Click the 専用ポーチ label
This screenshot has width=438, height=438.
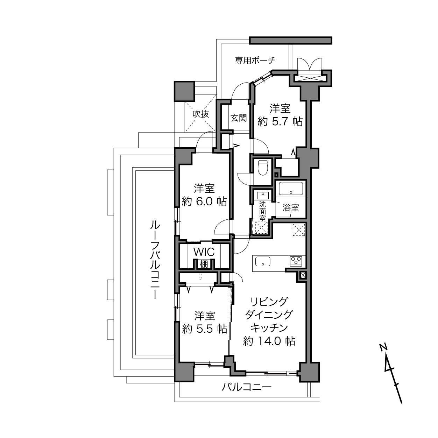tap(255, 61)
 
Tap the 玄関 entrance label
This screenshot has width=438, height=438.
tap(239, 118)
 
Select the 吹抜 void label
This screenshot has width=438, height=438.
tap(201, 114)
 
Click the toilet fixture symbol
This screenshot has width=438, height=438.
tap(263, 168)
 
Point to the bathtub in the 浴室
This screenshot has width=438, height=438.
tap(291, 189)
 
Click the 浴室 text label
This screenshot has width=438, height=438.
tap(291, 207)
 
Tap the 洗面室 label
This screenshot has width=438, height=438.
tap(262, 211)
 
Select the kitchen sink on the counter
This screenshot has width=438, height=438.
tap(263, 261)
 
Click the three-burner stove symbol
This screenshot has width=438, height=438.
tap(296, 261)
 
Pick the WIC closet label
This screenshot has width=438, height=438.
tap(204, 252)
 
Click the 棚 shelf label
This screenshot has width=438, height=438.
tap(204, 264)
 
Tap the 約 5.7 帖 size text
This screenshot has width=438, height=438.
tap(280, 122)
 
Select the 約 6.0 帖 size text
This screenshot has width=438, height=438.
tap(204, 201)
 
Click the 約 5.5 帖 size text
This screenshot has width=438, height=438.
tap(205, 328)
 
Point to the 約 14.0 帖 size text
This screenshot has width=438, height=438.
tap(269, 341)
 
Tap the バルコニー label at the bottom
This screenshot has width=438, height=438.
tap(247, 387)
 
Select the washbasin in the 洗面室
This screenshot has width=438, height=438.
tap(263, 195)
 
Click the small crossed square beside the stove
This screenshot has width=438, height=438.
tap(303, 275)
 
